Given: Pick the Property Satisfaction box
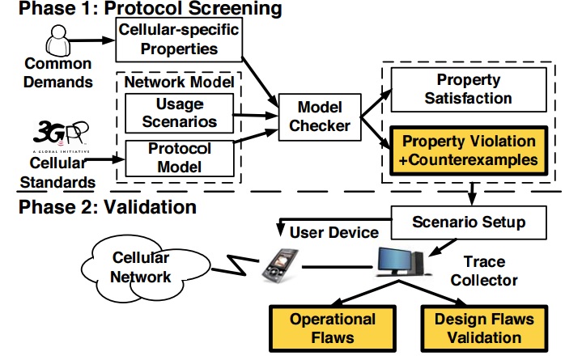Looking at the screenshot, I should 462,89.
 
